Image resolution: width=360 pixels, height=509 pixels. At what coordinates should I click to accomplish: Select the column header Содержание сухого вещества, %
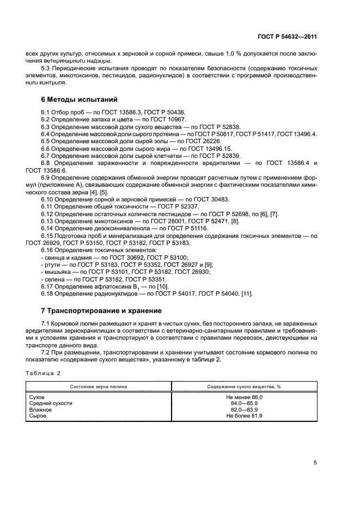click(244, 386)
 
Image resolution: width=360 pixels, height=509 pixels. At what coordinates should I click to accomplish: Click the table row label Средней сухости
click(50, 404)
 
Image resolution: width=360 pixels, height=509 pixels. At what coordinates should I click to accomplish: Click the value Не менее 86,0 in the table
click(244, 398)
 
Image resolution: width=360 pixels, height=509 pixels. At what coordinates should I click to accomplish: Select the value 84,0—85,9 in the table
click(244, 404)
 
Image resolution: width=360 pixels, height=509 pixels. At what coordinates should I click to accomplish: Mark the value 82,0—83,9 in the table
click(244, 410)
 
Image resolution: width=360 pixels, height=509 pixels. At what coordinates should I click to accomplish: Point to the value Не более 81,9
click(244, 416)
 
